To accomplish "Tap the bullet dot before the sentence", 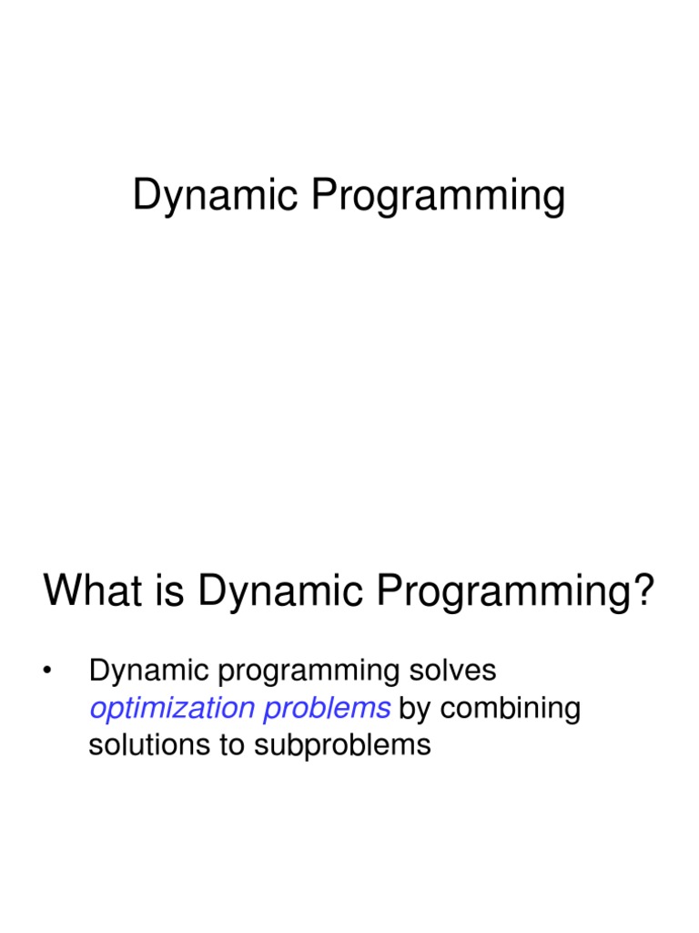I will [46, 673].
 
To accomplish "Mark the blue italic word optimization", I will [171, 709].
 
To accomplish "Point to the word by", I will [418, 710].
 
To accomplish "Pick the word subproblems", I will [341, 746].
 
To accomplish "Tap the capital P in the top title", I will [326, 197].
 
